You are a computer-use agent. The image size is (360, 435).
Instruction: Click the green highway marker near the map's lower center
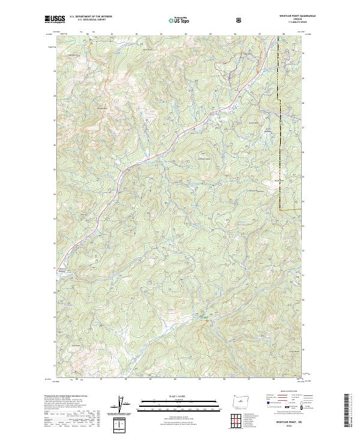point(204,317)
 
